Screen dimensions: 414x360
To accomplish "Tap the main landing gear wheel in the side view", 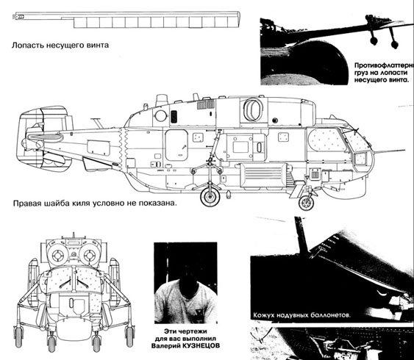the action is tap(210, 197).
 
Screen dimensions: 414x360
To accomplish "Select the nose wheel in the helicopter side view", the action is tap(307, 203).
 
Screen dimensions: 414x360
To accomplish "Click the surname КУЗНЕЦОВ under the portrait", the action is tap(201, 345).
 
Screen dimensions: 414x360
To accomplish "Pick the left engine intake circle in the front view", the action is tap(58, 255).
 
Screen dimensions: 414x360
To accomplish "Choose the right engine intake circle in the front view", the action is tap(89, 255).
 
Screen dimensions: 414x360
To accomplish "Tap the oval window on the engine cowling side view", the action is tap(253, 109).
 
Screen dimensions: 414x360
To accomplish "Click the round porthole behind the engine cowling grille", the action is tap(161, 116).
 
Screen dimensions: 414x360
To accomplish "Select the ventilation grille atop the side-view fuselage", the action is tap(206, 104).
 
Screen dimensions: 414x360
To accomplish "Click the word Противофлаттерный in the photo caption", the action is tap(384, 65).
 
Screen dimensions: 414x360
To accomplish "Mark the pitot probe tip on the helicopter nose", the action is tap(404, 150).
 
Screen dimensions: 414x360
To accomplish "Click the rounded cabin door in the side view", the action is tap(176, 145).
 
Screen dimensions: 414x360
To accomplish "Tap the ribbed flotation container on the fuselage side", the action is tap(263, 175).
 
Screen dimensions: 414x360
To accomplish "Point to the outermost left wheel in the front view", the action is tap(18, 336).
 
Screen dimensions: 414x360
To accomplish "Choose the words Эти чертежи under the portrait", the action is tap(185, 331).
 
